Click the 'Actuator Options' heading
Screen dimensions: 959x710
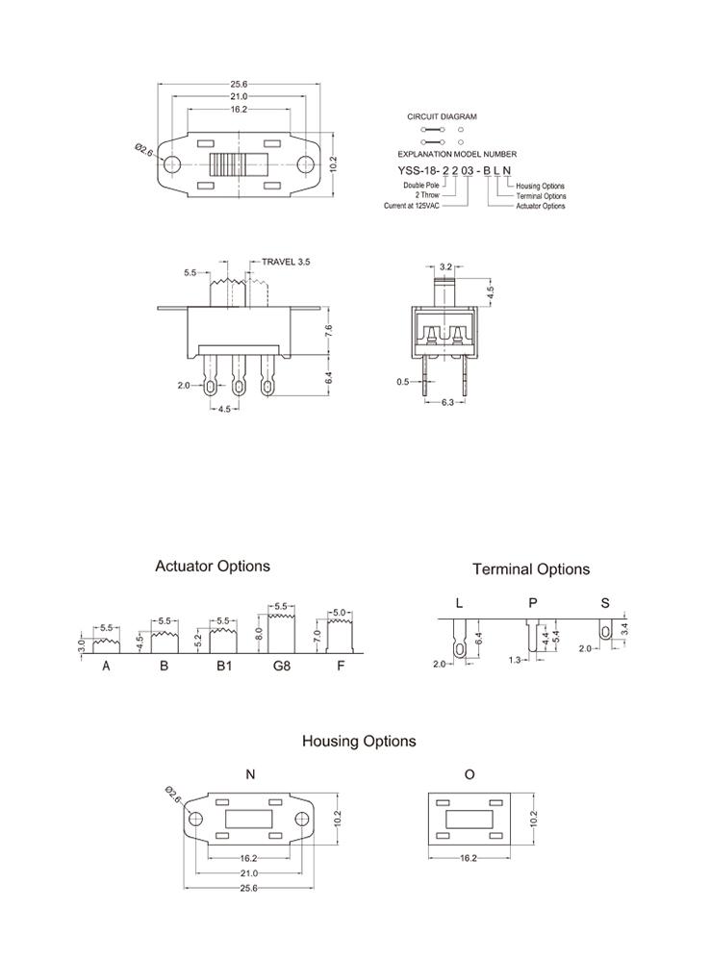pyautogui.click(x=213, y=567)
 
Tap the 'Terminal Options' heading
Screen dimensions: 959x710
pyautogui.click(x=531, y=569)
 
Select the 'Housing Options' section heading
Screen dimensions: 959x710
pyautogui.click(x=359, y=742)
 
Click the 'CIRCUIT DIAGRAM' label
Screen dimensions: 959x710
pyautogui.click(x=442, y=116)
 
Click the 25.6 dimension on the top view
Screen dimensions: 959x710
pyautogui.click(x=239, y=85)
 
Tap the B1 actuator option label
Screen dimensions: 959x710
pyautogui.click(x=223, y=666)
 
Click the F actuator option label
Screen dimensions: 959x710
pyautogui.click(x=341, y=666)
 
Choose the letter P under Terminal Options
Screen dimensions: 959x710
pyautogui.click(x=533, y=603)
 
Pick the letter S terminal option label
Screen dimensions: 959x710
pyautogui.click(x=605, y=603)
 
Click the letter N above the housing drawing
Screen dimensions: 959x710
pyautogui.click(x=251, y=773)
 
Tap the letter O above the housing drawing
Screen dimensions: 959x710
pyautogui.click(x=469, y=773)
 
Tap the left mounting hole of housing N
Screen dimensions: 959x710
pyautogui.click(x=195, y=819)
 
